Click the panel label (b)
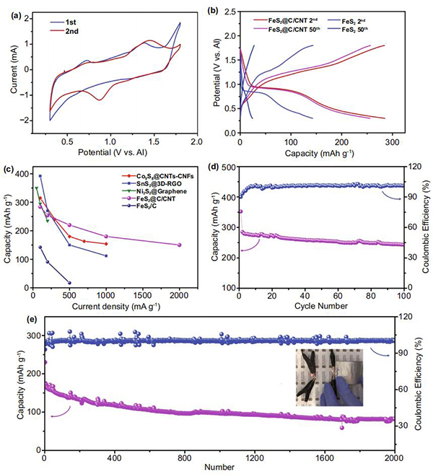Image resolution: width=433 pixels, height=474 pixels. [x=232, y=10]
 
